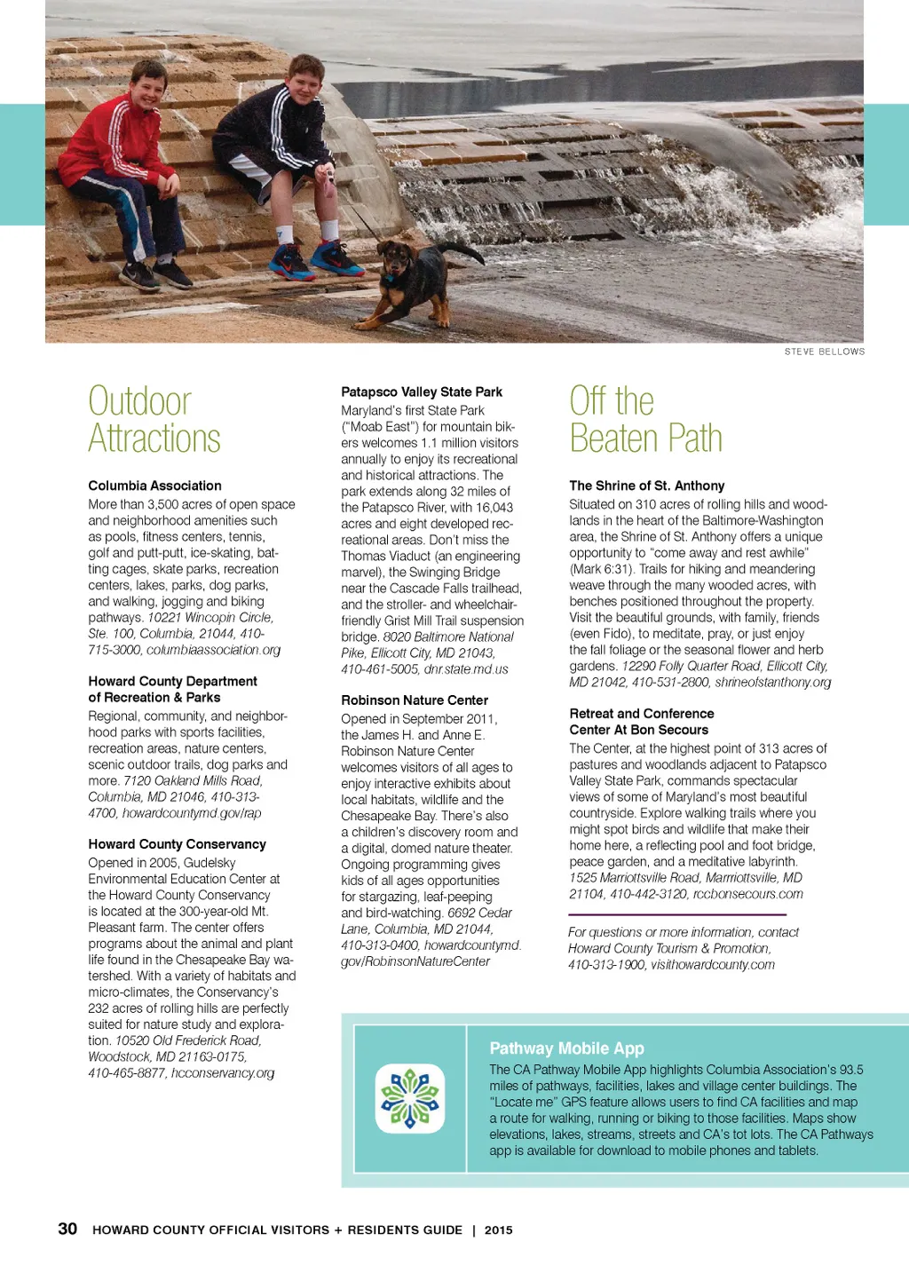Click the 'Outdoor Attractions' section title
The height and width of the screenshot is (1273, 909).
[x=154, y=420]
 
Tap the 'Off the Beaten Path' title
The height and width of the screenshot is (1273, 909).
[x=645, y=420]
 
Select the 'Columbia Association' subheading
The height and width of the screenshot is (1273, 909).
[x=154, y=486]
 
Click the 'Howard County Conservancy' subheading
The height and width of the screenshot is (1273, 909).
[x=177, y=844]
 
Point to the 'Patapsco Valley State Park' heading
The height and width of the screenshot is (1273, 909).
[x=422, y=392]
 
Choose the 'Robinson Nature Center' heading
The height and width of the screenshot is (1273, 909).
[x=415, y=700]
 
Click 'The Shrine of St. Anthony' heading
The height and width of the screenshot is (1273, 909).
[x=646, y=486]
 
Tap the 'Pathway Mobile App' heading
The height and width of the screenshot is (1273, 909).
[x=566, y=1048]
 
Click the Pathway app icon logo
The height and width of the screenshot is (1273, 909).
[x=410, y=1098]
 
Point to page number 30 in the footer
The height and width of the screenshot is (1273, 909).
[x=67, y=1229]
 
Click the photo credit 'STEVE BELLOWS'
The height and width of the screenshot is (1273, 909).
[x=824, y=352]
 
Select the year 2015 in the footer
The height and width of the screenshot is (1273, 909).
[x=498, y=1230]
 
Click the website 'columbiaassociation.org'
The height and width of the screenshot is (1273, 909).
[x=213, y=650]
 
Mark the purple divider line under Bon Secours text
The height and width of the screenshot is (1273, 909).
[x=677, y=914]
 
